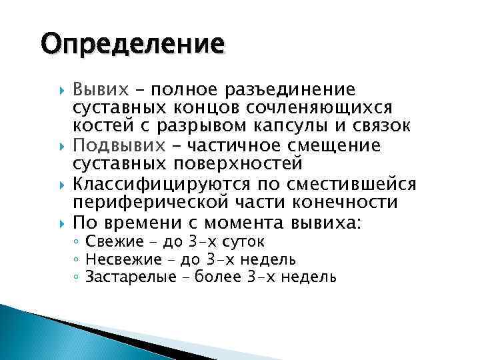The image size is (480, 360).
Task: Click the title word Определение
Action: pos(131,45)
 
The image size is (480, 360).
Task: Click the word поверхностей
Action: pos(237,164)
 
